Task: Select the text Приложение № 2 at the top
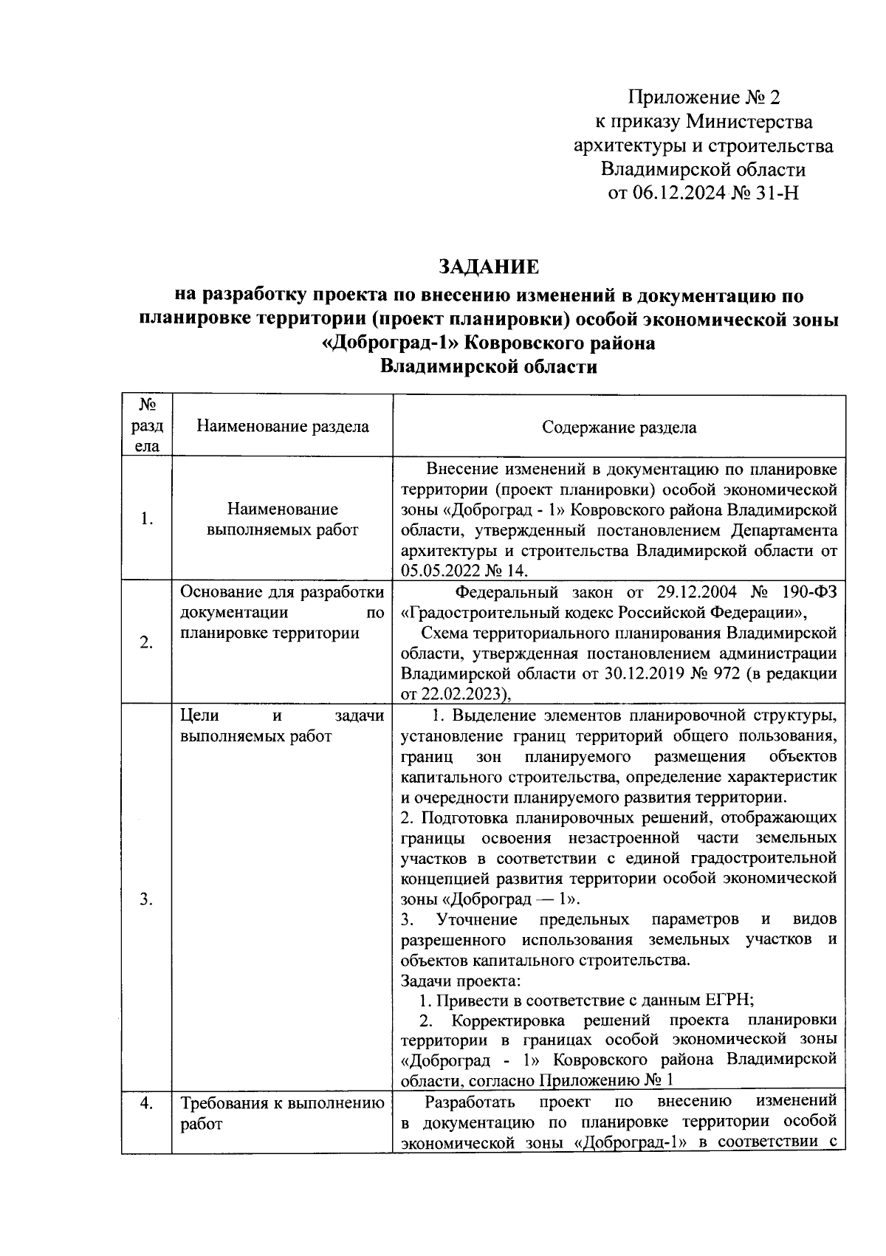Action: [x=704, y=97]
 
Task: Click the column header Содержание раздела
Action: [x=619, y=428]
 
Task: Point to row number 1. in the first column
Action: [x=146, y=519]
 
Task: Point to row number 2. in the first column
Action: [x=146, y=642]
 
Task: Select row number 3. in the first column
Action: [x=146, y=899]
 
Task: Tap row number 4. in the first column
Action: [x=146, y=1104]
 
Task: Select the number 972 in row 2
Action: [x=702, y=673]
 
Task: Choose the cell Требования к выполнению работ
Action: [x=282, y=1113]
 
